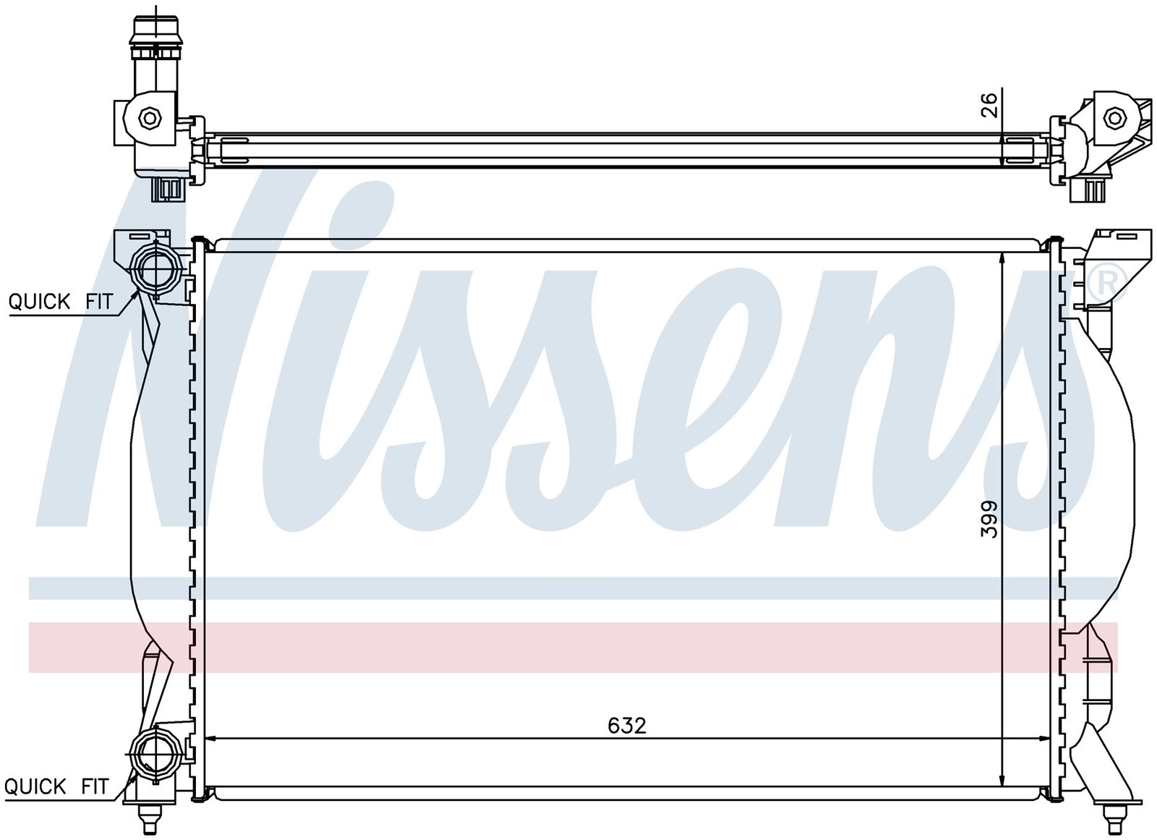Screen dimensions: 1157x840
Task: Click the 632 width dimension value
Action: click(x=627, y=726)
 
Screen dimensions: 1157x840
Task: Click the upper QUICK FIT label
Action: click(x=61, y=302)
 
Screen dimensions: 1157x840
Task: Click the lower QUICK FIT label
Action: click(x=56, y=786)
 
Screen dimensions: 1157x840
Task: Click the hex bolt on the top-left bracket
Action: click(x=149, y=119)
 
